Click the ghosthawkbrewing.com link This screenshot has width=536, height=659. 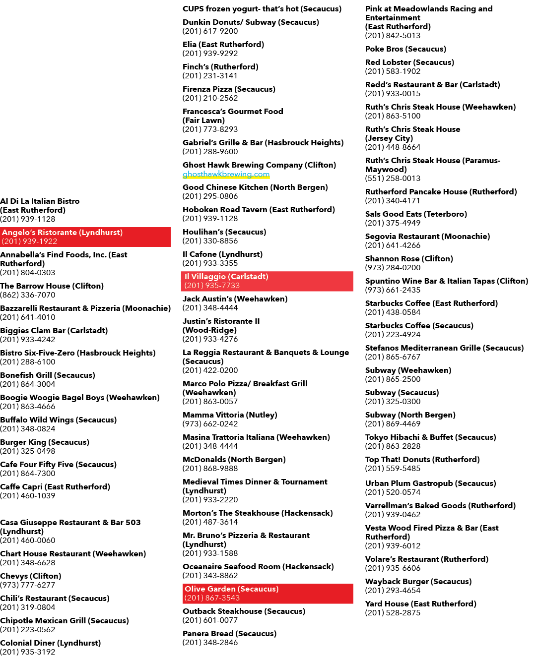tap(226, 174)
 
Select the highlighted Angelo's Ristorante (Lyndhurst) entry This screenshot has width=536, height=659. tap(85, 237)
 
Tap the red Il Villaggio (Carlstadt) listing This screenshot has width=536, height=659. tap(267, 281)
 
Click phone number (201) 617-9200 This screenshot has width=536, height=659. tap(210, 31)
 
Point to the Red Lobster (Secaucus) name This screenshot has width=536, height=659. tap(409, 62)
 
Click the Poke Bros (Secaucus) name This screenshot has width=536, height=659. tap(405, 49)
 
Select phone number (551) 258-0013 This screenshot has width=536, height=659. tap(393, 178)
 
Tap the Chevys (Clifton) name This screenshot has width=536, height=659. tap(31, 576)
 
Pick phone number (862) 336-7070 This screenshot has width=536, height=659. tap(28, 295)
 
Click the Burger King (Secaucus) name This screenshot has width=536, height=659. tap(45, 442)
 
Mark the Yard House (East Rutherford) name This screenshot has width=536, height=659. tap(420, 603)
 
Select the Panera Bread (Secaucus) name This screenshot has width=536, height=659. tap(229, 633)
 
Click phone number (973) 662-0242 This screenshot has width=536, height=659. tap(210, 423)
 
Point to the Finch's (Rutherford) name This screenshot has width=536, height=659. tap(220, 67)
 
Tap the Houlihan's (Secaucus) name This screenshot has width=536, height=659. tap(224, 232)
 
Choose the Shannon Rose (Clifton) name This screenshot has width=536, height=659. tap(409, 259)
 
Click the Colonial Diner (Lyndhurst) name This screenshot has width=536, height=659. tap(51, 643)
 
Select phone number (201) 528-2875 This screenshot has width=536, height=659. tap(393, 612)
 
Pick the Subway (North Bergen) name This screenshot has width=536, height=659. tap(410, 415)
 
